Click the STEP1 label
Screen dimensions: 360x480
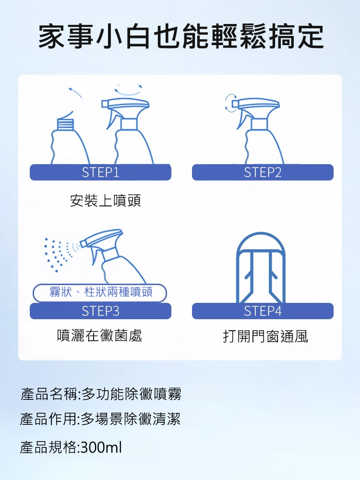[x=100, y=172]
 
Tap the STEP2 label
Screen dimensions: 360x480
[x=263, y=172]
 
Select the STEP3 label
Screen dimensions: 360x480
[x=100, y=311]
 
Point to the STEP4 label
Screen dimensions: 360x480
[x=263, y=311]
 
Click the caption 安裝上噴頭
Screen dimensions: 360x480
[x=105, y=201]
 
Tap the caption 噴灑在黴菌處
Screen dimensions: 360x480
[x=100, y=336]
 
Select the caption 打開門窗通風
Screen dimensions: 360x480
[x=265, y=336]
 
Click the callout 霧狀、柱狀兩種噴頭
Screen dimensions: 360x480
[x=100, y=293]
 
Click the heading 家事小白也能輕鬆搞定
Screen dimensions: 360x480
[x=181, y=37]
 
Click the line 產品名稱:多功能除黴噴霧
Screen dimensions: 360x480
[x=101, y=394]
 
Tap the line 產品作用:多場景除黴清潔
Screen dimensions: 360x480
[x=100, y=419]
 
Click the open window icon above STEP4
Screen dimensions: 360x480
[x=261, y=268]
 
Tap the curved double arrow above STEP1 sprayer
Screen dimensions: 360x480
[x=128, y=90]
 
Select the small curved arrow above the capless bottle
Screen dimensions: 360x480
[x=75, y=92]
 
